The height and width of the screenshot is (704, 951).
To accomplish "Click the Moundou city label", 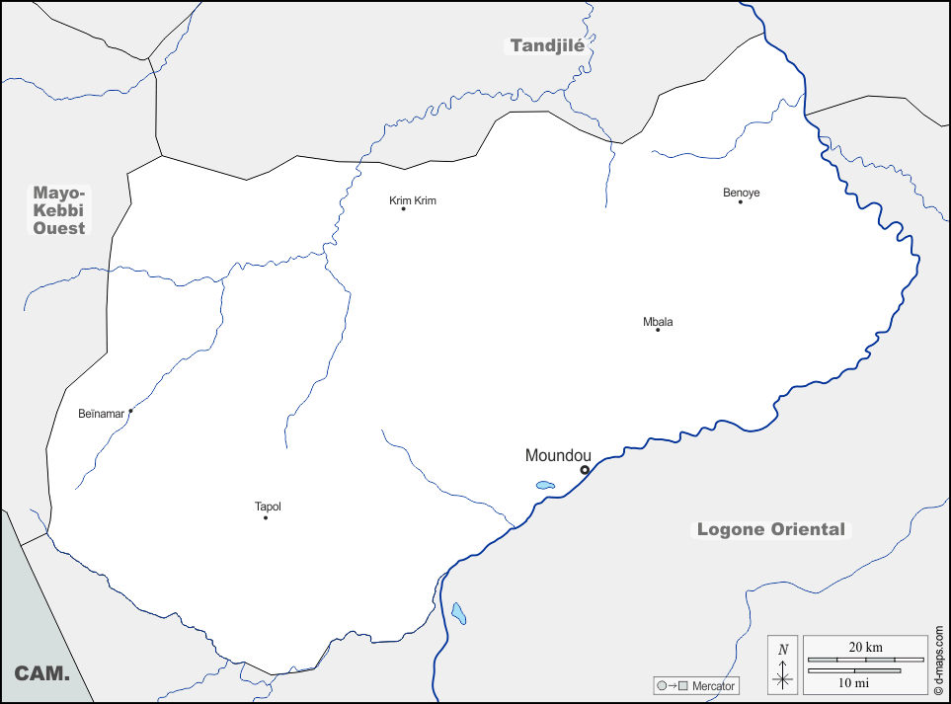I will [x=558, y=455].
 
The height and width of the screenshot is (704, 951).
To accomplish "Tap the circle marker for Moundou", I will [x=585, y=470].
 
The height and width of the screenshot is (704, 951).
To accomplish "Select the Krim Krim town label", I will [x=413, y=200].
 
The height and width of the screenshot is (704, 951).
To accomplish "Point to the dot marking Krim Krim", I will [x=403, y=208].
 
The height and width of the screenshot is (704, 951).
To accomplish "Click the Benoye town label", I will [x=742, y=193].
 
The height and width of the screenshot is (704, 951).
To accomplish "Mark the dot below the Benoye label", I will [x=741, y=201].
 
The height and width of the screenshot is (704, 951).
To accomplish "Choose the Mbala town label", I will [x=658, y=322].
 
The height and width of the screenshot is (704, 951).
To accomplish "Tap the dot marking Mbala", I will [x=658, y=330].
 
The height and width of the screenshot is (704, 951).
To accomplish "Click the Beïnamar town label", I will [x=102, y=414].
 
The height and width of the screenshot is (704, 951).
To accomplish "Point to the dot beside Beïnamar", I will [x=130, y=411].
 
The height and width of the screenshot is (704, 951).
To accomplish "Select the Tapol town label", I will [x=268, y=507].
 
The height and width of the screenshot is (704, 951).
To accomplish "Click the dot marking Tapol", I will [x=266, y=517].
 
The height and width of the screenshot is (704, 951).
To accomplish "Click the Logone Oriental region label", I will [x=771, y=529].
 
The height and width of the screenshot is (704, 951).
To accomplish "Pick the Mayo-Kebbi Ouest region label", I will [x=59, y=210].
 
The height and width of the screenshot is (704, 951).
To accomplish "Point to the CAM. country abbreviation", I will [x=41, y=673].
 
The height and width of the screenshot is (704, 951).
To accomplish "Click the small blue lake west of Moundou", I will [x=545, y=485].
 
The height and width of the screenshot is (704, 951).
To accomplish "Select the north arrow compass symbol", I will [x=783, y=665].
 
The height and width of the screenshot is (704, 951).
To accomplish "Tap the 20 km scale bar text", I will [x=865, y=647].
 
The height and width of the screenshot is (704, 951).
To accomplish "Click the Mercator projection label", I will [x=713, y=685].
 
